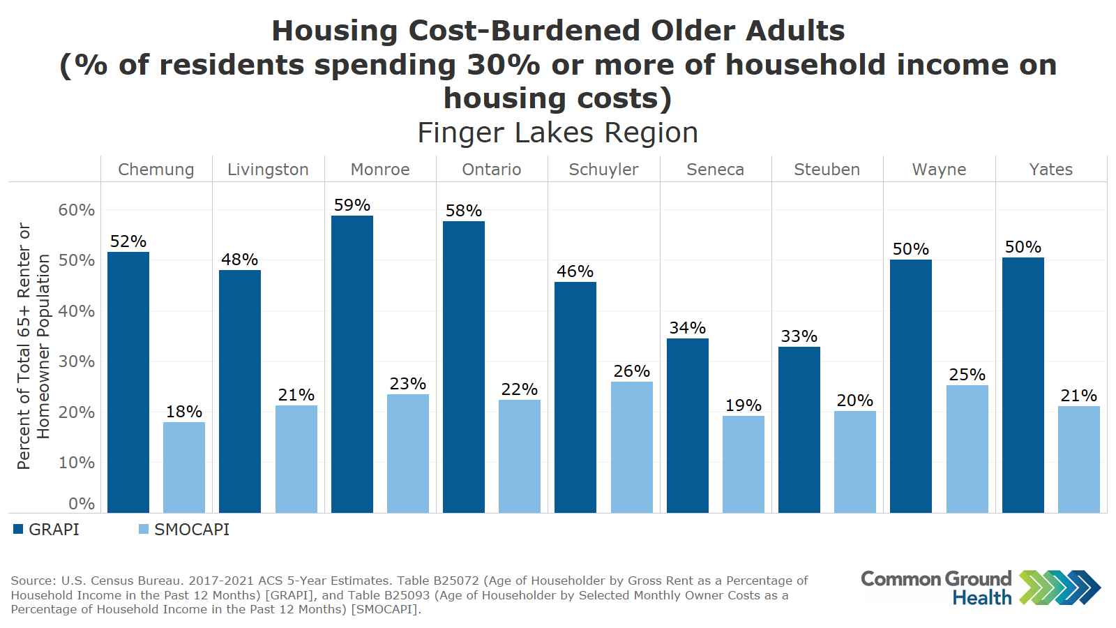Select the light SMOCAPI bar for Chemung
pos(184,468)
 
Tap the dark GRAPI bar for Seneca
pos(687,426)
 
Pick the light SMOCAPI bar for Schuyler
pos(631,447)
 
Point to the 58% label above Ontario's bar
pos(464,211)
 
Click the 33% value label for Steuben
pos(799,336)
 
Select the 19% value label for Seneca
pos(743,405)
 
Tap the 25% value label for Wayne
pos(967,375)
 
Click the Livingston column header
pos(268,170)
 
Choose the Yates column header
pos(1050,170)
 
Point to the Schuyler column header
pos(603,170)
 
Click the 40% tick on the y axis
pos(76,311)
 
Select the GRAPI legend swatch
pos(18,530)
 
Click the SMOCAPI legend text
pos(192,530)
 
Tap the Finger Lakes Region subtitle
pos(557,133)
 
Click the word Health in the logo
pos(982,598)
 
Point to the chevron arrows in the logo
pos(1060,588)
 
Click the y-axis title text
pos(33,346)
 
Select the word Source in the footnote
pos(33,581)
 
